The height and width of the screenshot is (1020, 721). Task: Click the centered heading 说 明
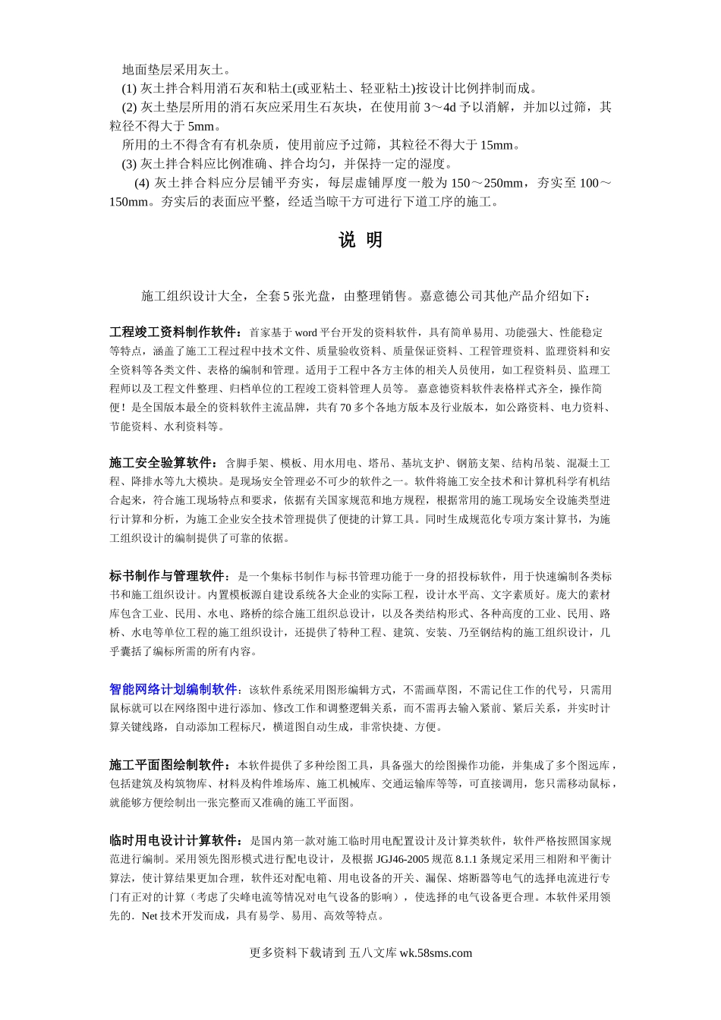(x=360, y=241)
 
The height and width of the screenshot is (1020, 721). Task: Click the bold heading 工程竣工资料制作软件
(x=175, y=332)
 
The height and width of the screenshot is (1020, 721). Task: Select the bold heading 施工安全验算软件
(x=163, y=463)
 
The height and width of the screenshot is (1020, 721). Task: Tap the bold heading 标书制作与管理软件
(x=169, y=576)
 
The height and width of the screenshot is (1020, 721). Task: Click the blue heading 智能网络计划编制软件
(x=174, y=689)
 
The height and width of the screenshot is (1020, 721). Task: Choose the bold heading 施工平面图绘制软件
(x=169, y=764)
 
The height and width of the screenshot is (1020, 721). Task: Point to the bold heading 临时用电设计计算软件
(x=175, y=840)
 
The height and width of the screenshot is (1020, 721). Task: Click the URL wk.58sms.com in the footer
(x=435, y=953)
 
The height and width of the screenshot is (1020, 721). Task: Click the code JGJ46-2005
(x=402, y=859)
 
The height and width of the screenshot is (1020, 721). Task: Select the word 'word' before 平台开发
(x=306, y=332)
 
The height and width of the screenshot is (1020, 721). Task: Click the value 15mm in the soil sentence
(x=497, y=145)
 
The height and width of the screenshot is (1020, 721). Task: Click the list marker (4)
(x=142, y=183)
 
